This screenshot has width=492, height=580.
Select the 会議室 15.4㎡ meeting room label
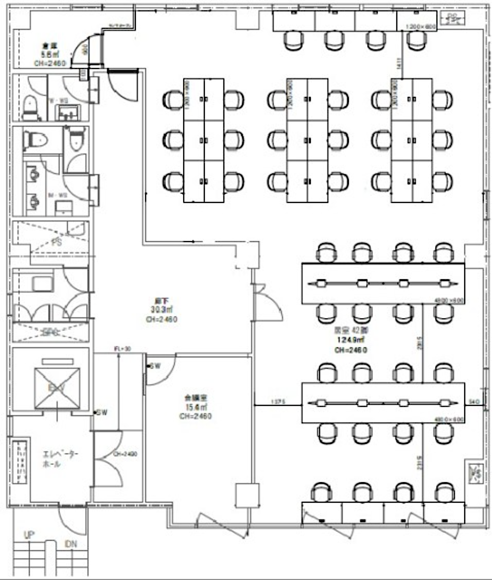tap(196, 406)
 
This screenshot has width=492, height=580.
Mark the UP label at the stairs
tap(29, 536)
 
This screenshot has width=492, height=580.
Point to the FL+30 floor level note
tap(122, 349)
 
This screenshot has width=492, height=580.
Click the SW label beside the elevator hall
tap(101, 413)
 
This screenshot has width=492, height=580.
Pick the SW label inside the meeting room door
tap(155, 366)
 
